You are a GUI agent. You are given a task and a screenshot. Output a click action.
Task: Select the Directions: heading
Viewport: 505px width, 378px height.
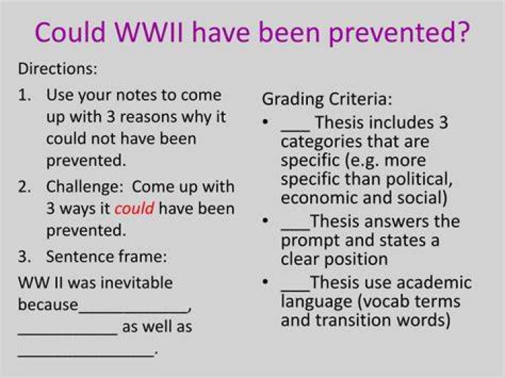pyautogui.click(x=58, y=69)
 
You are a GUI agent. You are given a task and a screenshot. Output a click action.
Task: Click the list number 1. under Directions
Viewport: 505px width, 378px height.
pyautogui.click(x=25, y=95)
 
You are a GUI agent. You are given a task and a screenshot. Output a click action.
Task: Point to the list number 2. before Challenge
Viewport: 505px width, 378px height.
pyautogui.click(x=25, y=187)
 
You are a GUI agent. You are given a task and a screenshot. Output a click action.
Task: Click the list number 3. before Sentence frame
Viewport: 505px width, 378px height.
pyautogui.click(x=25, y=257)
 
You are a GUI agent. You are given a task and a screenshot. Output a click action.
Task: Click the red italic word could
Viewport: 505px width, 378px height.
pyautogui.click(x=134, y=208)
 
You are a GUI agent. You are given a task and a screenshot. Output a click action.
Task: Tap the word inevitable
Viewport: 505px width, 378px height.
pyautogui.click(x=138, y=283)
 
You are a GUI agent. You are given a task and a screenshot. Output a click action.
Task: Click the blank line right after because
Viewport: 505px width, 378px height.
pyautogui.click(x=133, y=311)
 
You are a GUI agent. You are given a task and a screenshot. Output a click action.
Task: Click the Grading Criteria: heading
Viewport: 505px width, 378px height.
pyautogui.click(x=327, y=99)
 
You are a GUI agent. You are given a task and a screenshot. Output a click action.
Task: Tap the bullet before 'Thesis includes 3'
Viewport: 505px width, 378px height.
pyautogui.click(x=265, y=122)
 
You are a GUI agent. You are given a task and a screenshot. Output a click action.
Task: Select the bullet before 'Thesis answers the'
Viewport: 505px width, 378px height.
pyautogui.click(x=265, y=220)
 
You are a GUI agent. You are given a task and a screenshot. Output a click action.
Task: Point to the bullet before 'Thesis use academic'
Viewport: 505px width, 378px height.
pyautogui.click(x=265, y=282)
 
